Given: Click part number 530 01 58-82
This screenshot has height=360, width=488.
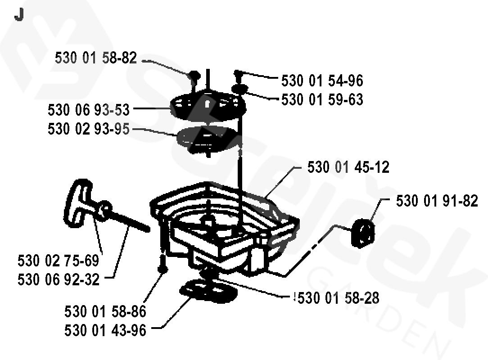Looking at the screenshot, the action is [95, 58].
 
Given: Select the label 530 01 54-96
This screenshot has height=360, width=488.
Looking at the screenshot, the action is [322, 81].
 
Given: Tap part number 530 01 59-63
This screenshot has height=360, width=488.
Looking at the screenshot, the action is [322, 99].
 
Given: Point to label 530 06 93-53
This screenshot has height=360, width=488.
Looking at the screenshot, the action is [88, 110].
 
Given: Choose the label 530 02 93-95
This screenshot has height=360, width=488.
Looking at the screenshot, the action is [88, 129].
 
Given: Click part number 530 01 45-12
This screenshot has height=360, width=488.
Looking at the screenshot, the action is [348, 167].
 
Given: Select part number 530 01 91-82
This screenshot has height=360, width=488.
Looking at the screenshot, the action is [437, 201].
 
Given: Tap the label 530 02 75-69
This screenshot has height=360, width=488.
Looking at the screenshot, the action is [58, 261].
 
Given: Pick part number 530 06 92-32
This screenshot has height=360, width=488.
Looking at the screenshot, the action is [58, 279].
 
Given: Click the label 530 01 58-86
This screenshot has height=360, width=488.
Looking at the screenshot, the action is [105, 311].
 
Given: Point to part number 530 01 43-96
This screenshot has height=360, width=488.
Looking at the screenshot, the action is [105, 330].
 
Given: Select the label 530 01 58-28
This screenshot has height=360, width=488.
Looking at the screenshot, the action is [338, 298].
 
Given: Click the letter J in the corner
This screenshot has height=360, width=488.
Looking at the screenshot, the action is [19, 14].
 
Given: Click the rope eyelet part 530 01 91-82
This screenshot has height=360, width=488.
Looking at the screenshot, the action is [362, 233].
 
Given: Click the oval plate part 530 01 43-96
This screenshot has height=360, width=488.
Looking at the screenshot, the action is [208, 291].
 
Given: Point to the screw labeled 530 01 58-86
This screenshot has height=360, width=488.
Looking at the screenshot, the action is [163, 265].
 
